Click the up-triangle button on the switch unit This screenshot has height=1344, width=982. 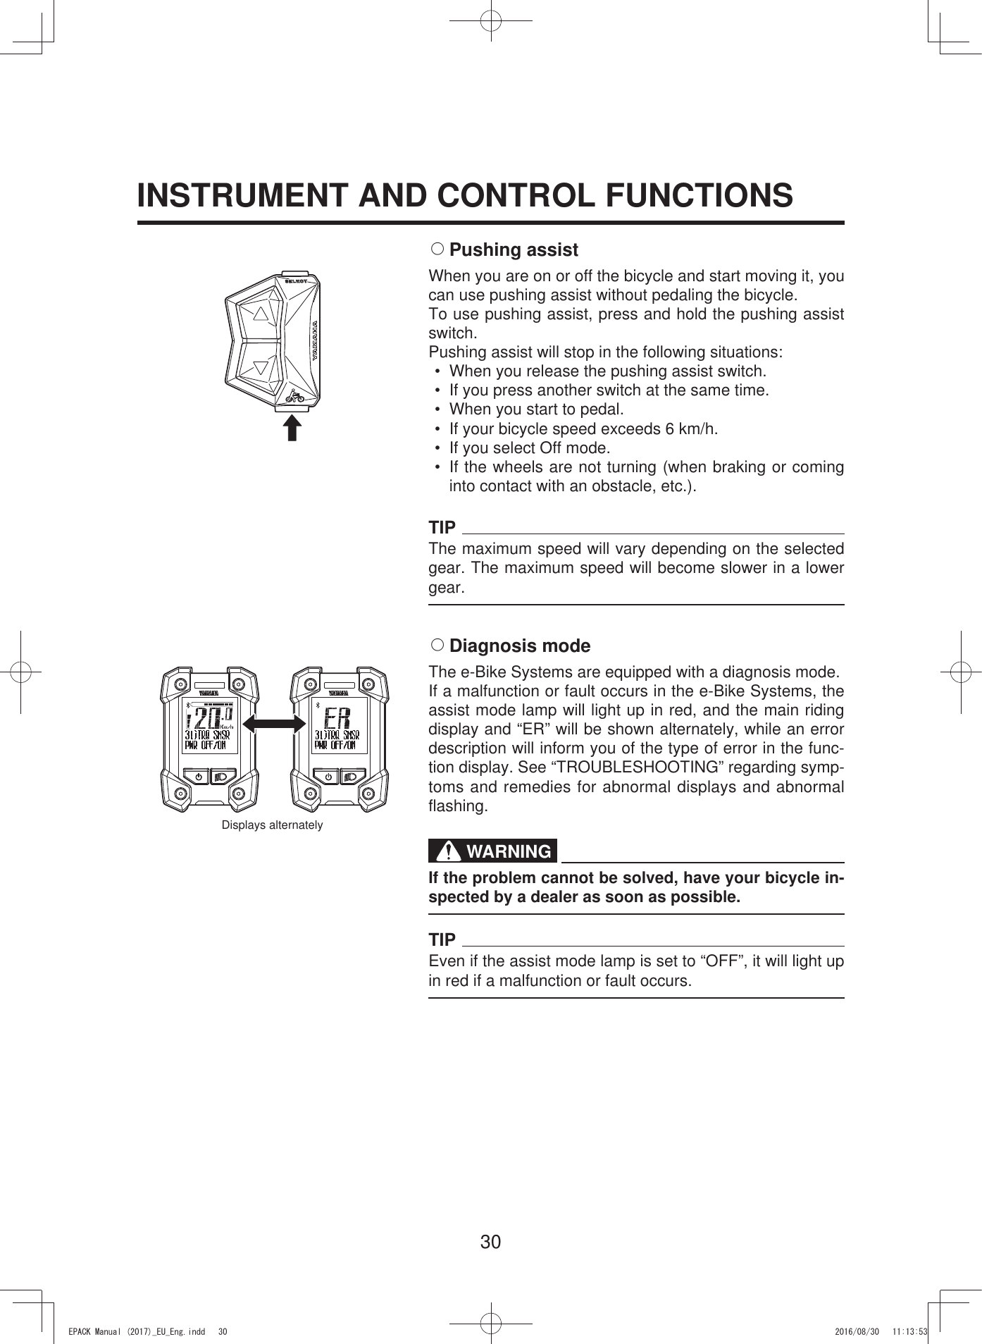point(261,312)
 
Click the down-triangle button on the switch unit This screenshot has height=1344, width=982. point(261,368)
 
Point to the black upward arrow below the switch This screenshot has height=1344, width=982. point(292,428)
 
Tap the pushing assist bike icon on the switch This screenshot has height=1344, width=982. point(295,396)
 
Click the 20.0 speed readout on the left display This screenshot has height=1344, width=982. point(209,720)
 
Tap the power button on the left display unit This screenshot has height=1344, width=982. point(199,776)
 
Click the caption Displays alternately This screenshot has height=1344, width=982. point(272,825)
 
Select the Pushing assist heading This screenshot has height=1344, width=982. point(514,250)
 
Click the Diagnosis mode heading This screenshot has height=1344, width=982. point(520,646)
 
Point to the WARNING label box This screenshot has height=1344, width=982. point(493,851)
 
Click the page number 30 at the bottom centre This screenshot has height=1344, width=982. point(490,1242)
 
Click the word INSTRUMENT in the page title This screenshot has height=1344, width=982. point(244,195)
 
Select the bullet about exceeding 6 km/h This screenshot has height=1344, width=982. point(583,429)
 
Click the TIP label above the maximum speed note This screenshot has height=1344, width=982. point(442,528)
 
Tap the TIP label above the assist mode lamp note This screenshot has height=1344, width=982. point(442,940)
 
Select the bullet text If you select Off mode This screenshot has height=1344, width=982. point(529,448)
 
